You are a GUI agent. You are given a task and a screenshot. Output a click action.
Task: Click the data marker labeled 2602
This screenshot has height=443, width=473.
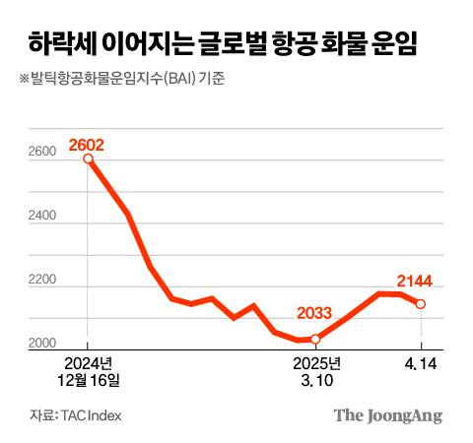(88, 158)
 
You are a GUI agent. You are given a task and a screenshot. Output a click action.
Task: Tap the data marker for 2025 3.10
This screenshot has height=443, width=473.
(315, 339)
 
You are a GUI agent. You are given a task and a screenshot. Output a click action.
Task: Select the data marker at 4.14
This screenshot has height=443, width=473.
(421, 304)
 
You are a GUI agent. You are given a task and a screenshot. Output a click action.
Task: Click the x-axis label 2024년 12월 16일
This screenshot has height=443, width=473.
(88, 370)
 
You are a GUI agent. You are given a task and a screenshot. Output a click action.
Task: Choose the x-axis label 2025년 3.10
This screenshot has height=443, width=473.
(315, 370)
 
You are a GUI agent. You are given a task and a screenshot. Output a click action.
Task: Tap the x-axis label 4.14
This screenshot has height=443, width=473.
(421, 363)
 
